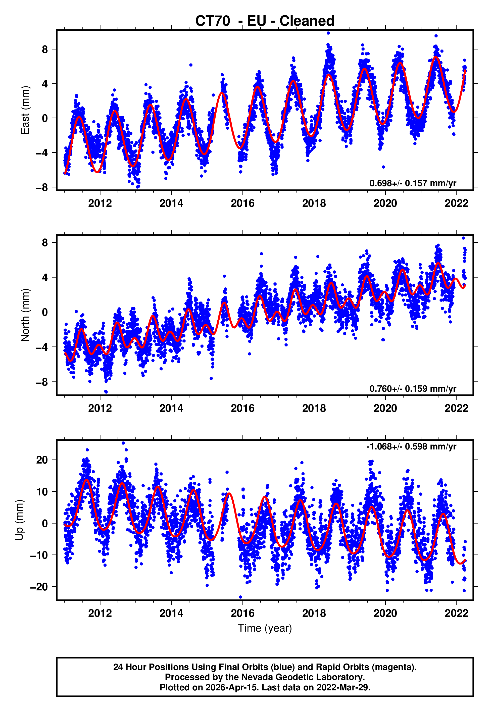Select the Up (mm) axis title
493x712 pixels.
coord(19,520)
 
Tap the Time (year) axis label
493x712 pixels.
coord(265,628)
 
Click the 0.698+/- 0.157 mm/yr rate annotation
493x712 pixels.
coord(413,183)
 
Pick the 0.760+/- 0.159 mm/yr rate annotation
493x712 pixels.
coord(413,389)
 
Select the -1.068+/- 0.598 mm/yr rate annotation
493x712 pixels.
coord(411,446)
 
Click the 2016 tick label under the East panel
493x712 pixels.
coord(242,203)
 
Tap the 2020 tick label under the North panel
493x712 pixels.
coord(385,408)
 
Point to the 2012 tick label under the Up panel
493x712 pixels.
coord(100,613)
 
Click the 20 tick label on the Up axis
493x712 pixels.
coord(42,460)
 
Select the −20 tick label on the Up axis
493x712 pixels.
coord(39,587)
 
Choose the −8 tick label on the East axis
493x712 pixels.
coord(42,187)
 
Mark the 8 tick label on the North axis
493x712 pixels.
coord(45,243)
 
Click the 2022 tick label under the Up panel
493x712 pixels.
coord(456,613)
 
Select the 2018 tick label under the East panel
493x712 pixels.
coord(314,203)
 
